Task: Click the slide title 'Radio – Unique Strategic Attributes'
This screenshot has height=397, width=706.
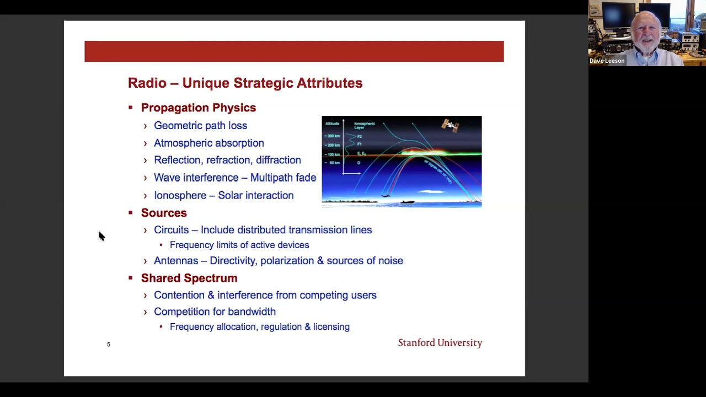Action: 245,83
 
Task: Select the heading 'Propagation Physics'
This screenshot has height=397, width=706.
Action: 198,108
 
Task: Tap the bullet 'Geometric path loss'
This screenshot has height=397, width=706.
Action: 200,126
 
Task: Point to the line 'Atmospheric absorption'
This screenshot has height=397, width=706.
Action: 208,143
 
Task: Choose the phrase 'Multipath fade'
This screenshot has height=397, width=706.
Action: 283,178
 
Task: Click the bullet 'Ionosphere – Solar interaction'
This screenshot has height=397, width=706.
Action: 223,196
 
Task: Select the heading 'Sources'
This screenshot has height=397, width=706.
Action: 164,213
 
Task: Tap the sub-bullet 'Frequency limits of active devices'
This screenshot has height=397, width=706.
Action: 239,245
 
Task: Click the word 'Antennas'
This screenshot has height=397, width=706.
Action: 175,261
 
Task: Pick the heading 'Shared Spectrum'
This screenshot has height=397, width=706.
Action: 189,278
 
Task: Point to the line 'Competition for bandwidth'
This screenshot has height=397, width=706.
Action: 215,312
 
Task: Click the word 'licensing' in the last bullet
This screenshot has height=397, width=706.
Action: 331,327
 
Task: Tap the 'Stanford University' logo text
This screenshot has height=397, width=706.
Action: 440,343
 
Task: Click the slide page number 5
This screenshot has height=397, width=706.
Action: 109,345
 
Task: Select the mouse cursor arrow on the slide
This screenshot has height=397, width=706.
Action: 101,236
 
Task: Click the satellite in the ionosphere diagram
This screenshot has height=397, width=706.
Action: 450,126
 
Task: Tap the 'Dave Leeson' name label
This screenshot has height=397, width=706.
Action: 607,61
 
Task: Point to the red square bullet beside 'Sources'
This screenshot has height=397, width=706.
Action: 131,213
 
